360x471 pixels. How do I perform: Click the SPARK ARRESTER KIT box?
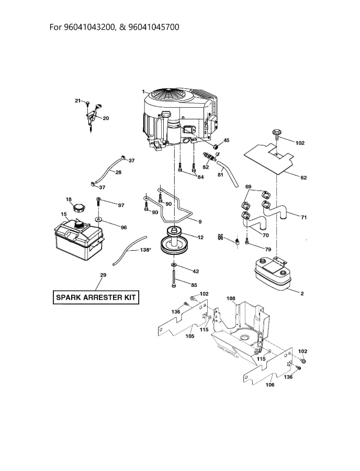pos(96,298)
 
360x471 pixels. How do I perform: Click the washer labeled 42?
pos(173,267)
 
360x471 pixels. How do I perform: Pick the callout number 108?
pos(231,299)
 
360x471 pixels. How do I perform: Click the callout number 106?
pos(270,385)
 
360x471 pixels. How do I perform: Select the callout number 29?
pos(103,275)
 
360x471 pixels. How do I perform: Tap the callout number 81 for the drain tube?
pos(220,175)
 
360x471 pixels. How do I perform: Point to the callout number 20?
pos(106,118)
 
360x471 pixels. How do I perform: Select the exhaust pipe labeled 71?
pos(278,213)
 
